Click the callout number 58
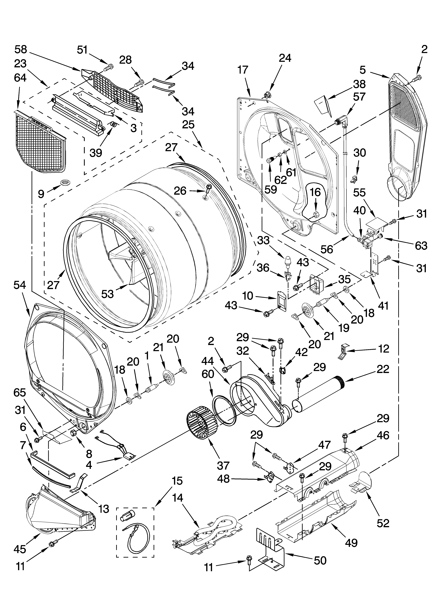pos(21,49)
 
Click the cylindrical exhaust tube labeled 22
pos(319,395)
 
